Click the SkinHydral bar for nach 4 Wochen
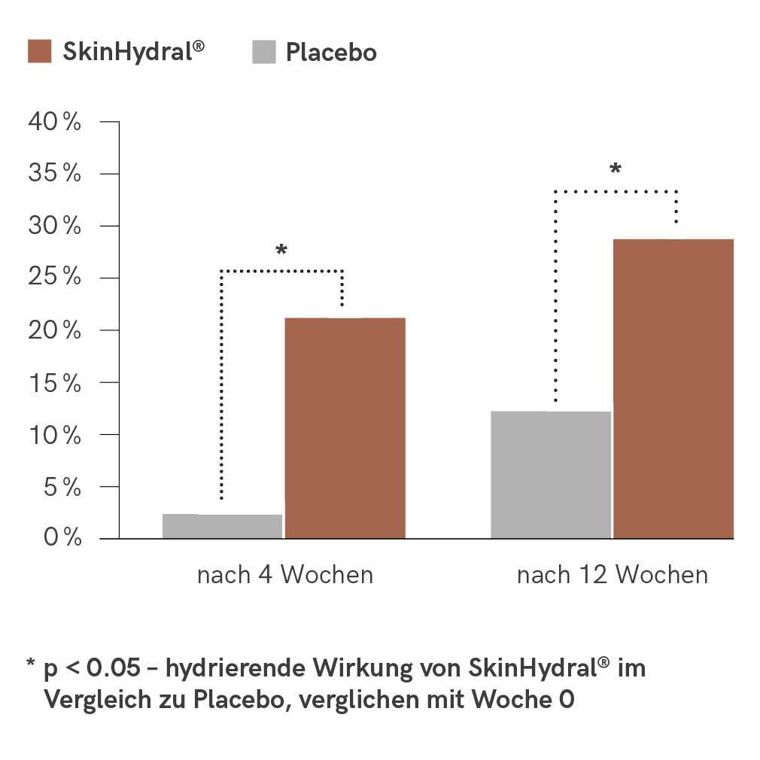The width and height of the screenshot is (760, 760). click(x=345, y=427)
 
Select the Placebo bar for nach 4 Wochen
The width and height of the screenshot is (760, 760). click(x=222, y=526)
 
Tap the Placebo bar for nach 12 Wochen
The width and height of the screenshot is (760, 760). click(x=551, y=474)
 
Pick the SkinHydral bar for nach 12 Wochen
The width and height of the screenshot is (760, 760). click(x=673, y=388)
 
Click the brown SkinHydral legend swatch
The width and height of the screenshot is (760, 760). click(x=39, y=52)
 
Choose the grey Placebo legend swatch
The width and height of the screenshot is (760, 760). click(x=264, y=52)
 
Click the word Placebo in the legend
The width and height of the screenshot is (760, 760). click(x=331, y=53)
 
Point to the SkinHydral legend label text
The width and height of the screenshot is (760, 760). click(x=132, y=52)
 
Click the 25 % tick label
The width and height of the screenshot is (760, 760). click(x=54, y=278)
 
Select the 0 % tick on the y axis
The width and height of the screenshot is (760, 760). click(x=60, y=538)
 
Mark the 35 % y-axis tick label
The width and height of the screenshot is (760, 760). click(x=54, y=174)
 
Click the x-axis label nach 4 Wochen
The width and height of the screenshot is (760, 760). click(x=285, y=576)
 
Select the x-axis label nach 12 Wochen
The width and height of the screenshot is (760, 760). click(x=613, y=576)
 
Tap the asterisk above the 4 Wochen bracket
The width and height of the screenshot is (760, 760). click(x=281, y=250)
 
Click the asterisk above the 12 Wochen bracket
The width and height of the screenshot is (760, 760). click(x=616, y=169)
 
